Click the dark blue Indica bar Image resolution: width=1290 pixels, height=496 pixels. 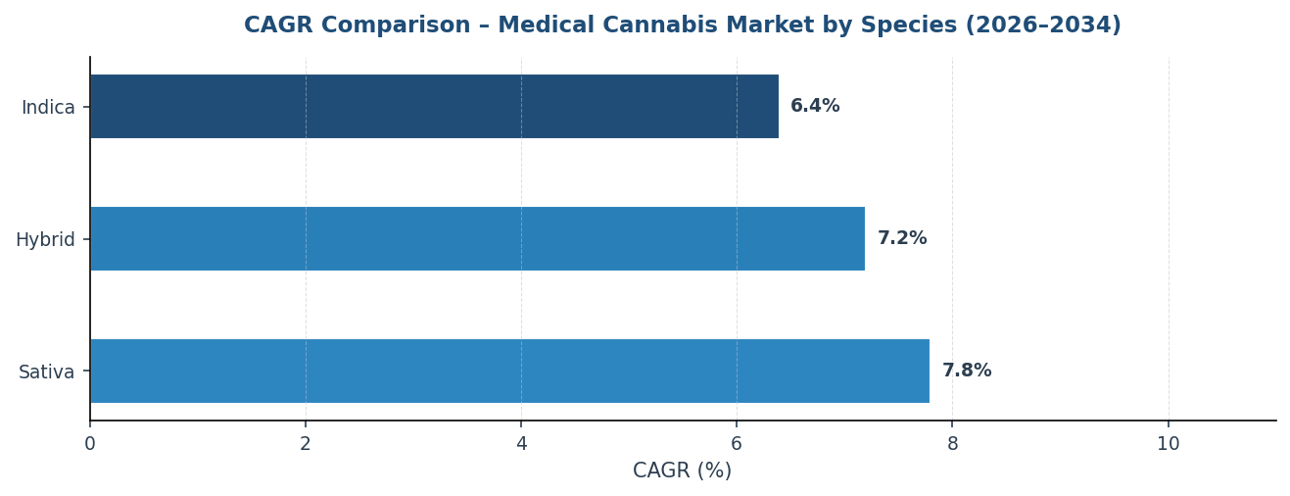tap(434, 107)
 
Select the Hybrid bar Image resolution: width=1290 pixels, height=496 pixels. tap(477, 239)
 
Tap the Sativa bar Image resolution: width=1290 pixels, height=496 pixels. tap(509, 372)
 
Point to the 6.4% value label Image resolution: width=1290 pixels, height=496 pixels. tap(815, 107)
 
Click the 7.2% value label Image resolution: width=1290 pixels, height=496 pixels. tap(901, 239)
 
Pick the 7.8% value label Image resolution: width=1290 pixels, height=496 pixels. tap(967, 372)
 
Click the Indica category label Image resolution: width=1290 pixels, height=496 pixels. tap(48, 108)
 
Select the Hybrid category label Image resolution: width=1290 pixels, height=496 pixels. tap(45, 240)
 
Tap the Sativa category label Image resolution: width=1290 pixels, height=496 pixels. tap(46, 372)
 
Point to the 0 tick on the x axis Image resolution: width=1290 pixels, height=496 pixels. tap(90, 444)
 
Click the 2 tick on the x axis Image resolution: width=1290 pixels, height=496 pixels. tap(306, 444)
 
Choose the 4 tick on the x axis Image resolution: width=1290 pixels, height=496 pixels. tap(521, 444)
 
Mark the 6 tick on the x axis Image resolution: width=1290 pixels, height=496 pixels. tap(737, 444)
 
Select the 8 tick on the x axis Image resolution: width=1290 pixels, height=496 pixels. tap(952, 444)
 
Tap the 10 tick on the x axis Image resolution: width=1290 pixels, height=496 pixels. tap(1168, 444)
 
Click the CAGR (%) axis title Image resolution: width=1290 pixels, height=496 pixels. tap(682, 471)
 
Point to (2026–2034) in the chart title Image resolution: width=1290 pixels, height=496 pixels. tap(1043, 26)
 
